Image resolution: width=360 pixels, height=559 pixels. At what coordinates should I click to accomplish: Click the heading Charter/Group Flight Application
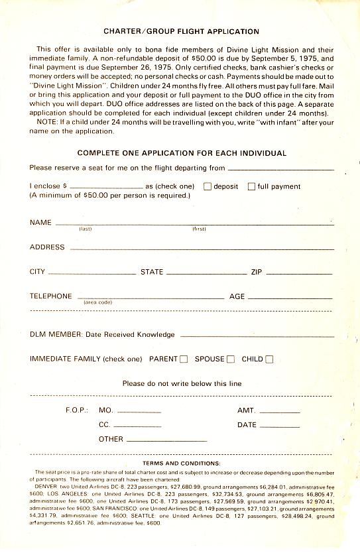coord(181,31)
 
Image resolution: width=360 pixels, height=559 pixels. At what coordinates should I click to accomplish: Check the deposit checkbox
coord(208,186)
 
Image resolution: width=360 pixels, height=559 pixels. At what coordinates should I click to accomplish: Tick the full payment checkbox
coord(251,186)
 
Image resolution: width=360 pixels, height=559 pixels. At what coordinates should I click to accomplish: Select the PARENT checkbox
coord(184,359)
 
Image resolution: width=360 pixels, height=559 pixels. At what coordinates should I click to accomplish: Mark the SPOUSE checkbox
coord(231,359)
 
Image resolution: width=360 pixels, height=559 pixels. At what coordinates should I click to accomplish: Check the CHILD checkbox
coord(269,359)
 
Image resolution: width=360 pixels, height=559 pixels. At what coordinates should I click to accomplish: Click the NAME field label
coord(40,223)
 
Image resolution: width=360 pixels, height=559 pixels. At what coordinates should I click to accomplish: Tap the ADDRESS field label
coord(47,247)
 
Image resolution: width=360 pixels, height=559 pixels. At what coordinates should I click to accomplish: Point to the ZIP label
coord(257,272)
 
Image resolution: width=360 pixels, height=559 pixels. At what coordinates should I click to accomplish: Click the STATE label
coord(152,272)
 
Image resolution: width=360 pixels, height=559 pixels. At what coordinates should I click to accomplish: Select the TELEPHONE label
coord(50,296)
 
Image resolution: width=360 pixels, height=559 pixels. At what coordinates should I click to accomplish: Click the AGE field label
coord(237,296)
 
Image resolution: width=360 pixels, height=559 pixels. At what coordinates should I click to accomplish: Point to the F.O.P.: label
coord(77,410)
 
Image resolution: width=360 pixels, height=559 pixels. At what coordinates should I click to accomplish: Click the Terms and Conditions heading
coord(181,463)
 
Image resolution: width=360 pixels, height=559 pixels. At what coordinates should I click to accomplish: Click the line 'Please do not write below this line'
coord(182,383)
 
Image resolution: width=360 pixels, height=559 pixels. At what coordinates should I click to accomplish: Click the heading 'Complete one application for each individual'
coord(182,153)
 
